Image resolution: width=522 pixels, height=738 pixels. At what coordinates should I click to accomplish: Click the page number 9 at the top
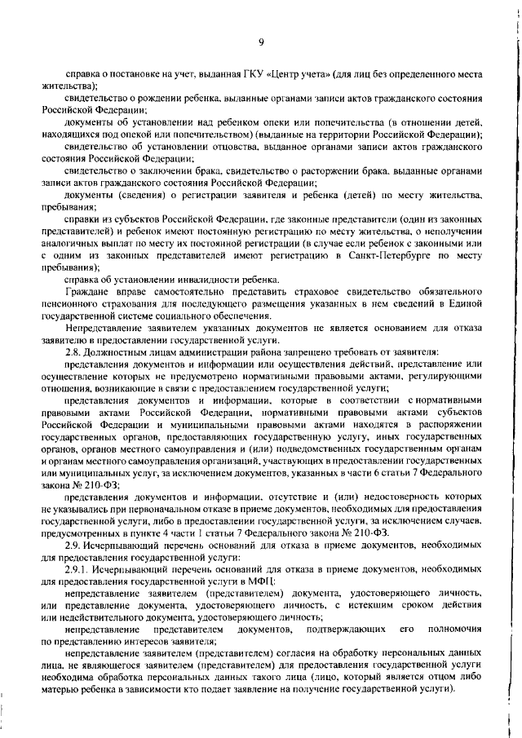coord(260,42)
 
